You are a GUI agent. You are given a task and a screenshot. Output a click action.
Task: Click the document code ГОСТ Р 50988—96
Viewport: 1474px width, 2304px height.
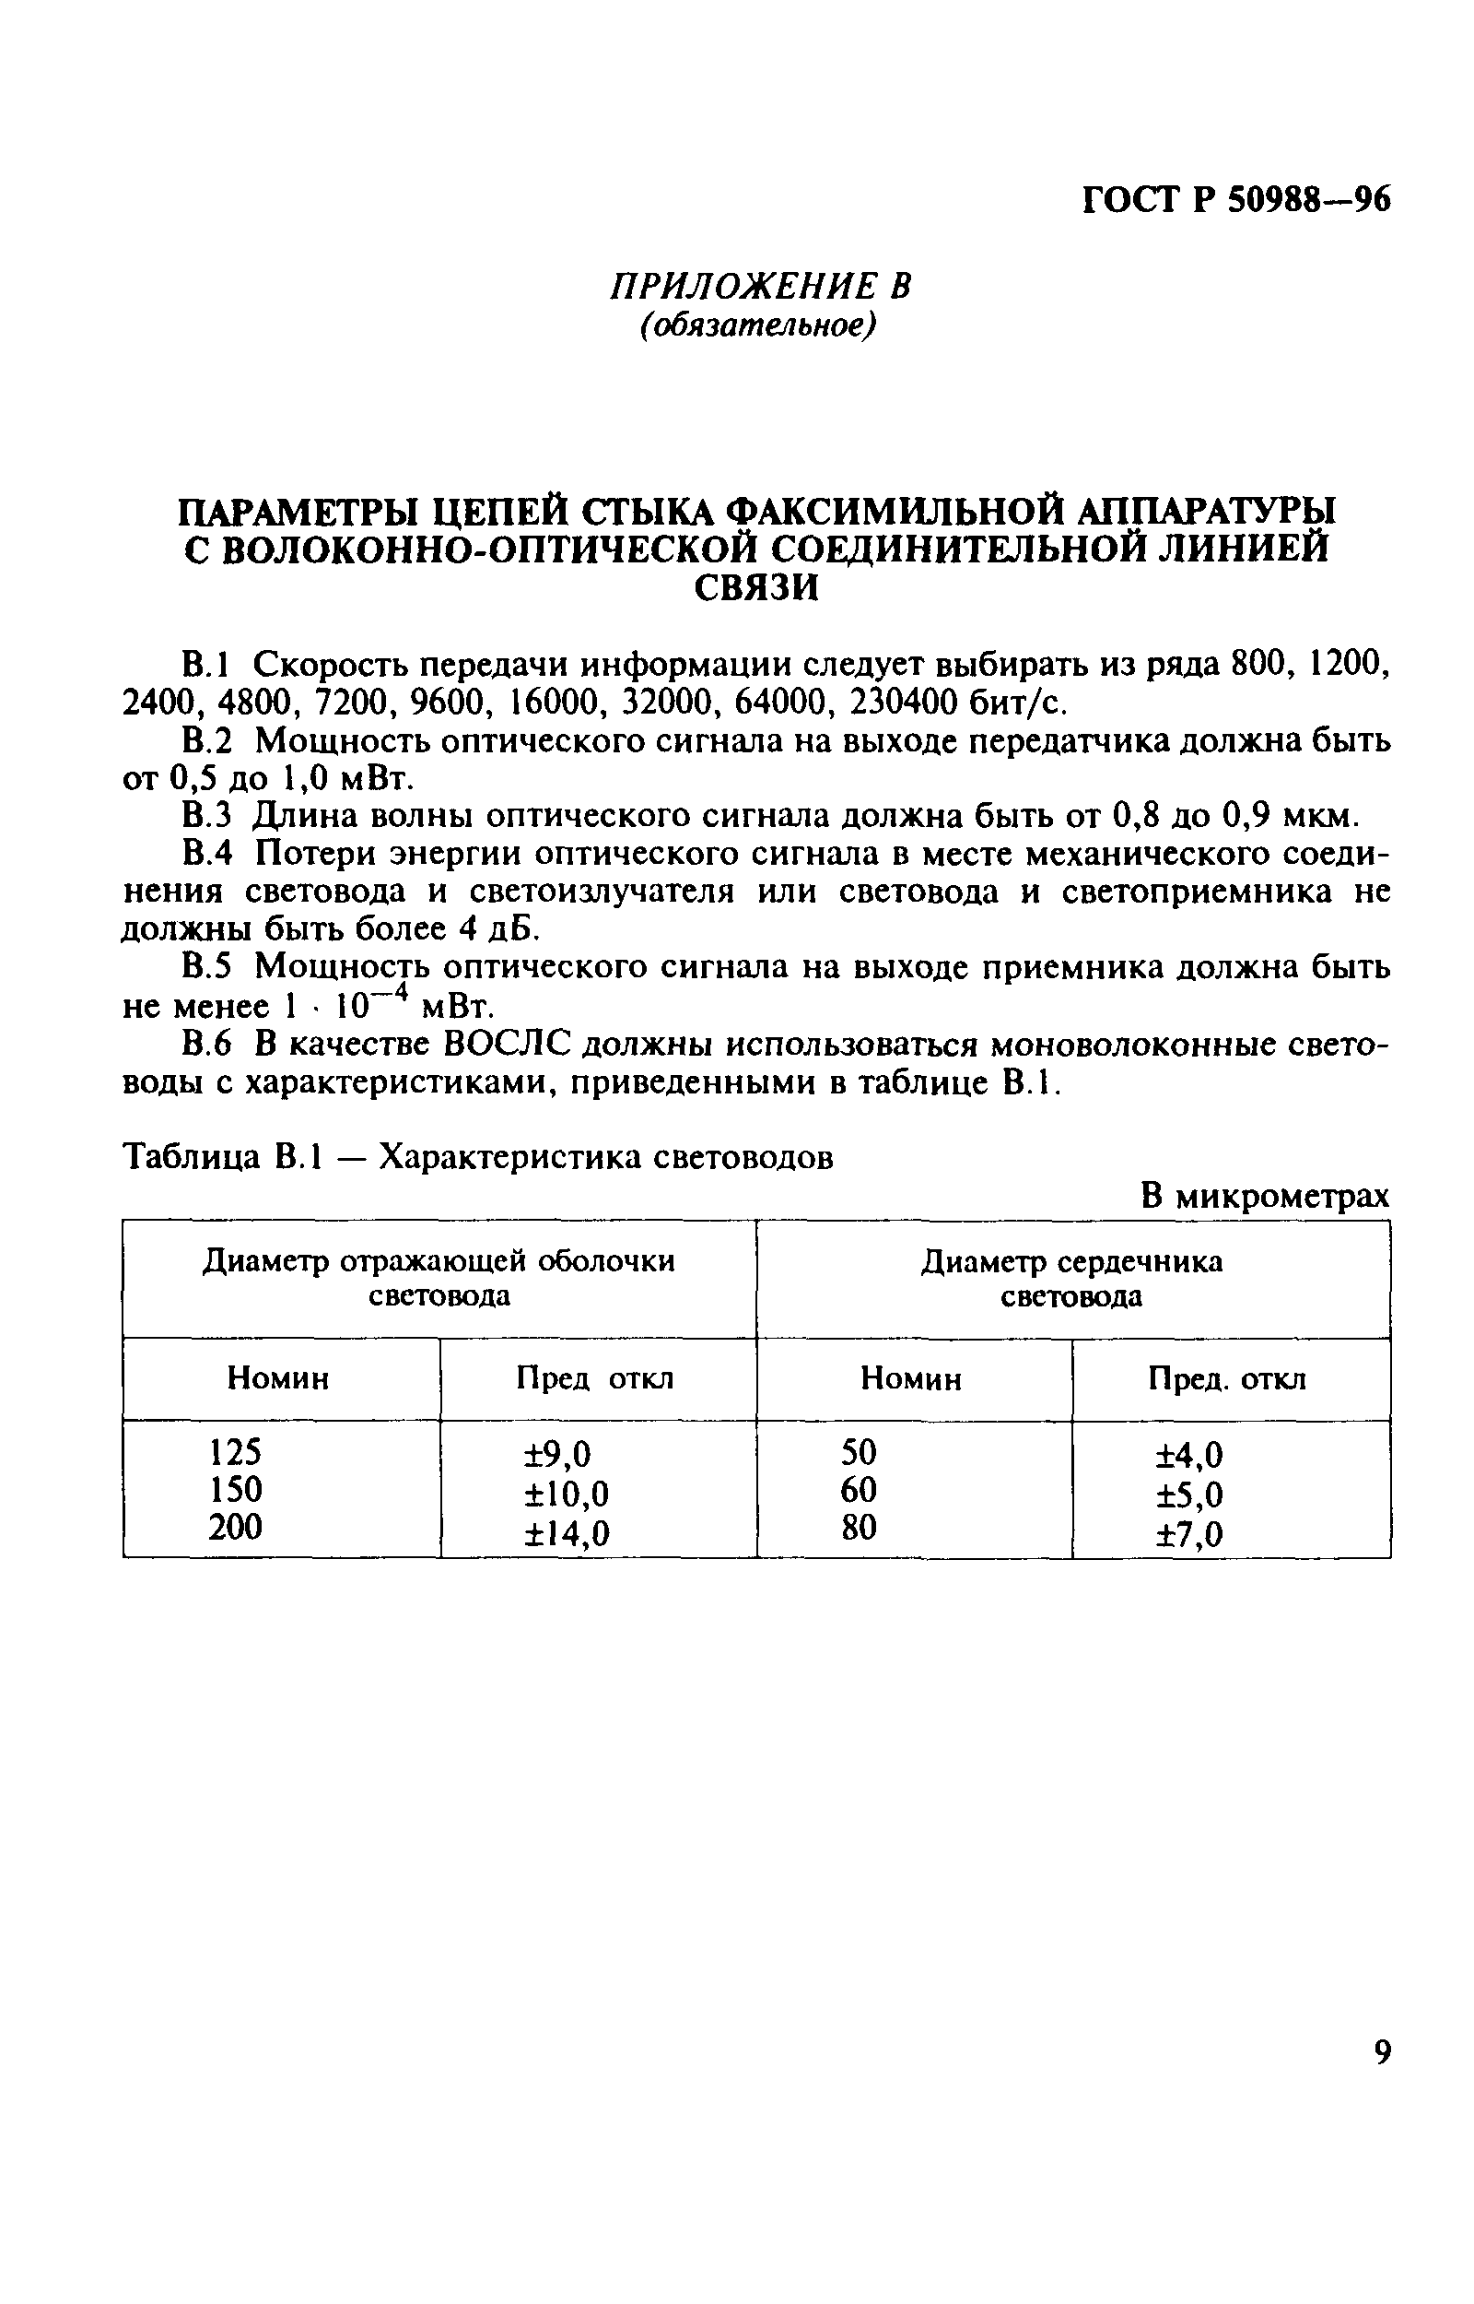[x=1235, y=200]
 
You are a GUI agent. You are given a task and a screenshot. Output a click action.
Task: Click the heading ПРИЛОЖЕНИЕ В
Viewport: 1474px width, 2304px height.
[x=762, y=286]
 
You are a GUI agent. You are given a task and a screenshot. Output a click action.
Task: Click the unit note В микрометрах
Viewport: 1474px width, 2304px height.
[x=1264, y=1196]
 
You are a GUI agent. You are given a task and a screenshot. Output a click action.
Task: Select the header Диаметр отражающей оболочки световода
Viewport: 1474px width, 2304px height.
[x=439, y=1279]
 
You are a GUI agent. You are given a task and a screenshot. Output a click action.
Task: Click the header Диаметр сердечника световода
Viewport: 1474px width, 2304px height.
[x=1072, y=1279]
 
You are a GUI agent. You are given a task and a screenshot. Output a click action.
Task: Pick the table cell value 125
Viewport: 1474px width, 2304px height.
[x=235, y=1453]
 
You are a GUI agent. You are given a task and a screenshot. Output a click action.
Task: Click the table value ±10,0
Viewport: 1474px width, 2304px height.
[x=567, y=1494]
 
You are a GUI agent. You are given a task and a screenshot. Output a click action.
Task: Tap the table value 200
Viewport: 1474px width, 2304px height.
[x=235, y=1527]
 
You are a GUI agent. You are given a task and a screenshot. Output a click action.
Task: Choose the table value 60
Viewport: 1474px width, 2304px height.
[x=859, y=1490]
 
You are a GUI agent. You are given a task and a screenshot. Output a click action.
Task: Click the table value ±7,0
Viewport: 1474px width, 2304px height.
[x=1189, y=1535]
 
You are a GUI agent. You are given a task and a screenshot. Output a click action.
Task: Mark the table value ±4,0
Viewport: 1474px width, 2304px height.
[x=1189, y=1456]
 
